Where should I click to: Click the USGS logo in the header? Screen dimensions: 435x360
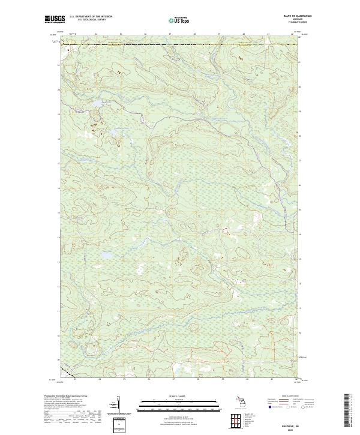click(52, 19)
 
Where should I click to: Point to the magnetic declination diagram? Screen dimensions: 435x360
click(118, 406)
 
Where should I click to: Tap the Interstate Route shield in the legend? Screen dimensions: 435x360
click(269, 406)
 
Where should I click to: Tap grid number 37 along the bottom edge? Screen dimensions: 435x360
click(173, 379)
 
